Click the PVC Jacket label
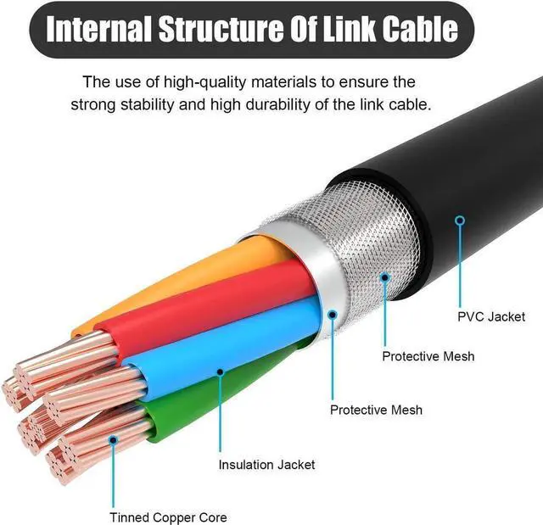point(491,316)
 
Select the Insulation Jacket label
point(266,464)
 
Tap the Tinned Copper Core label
point(168,517)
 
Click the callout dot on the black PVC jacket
point(460,221)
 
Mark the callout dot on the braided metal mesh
point(384,274)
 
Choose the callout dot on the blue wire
point(221,371)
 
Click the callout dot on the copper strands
point(111,440)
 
